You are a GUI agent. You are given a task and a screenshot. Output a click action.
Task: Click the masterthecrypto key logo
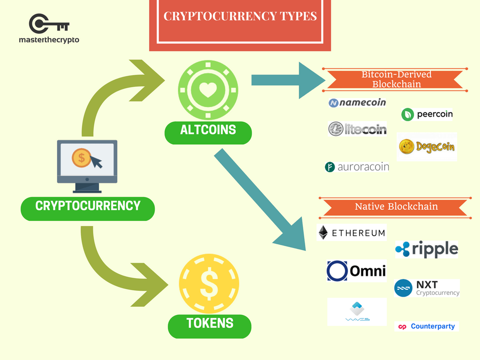click(49, 24)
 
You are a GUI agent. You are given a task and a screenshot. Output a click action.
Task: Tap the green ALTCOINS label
click(208, 130)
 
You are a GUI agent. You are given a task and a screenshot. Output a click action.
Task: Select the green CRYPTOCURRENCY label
click(88, 206)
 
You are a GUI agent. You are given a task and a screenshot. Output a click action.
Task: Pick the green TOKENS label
click(210, 323)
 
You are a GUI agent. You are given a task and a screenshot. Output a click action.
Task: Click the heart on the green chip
click(208, 89)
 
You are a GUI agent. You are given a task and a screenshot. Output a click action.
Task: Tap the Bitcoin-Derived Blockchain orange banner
click(396, 80)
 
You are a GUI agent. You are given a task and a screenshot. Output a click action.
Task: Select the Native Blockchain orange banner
click(396, 207)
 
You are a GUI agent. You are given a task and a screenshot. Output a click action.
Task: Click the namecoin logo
click(358, 103)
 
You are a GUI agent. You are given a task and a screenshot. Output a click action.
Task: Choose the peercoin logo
click(427, 114)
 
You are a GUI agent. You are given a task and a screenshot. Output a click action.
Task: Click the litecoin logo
click(358, 129)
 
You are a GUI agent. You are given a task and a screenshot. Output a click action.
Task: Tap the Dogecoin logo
click(427, 146)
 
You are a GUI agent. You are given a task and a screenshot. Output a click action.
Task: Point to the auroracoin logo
click(357, 166)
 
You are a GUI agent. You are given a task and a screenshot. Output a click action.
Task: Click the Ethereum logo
click(352, 232)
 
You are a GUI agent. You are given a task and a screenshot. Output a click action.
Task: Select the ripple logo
click(427, 249)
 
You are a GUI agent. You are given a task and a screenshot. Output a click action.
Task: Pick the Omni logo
click(357, 270)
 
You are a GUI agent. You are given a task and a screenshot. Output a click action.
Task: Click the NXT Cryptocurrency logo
click(427, 288)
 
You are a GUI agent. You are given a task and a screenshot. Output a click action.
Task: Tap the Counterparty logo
click(427, 326)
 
